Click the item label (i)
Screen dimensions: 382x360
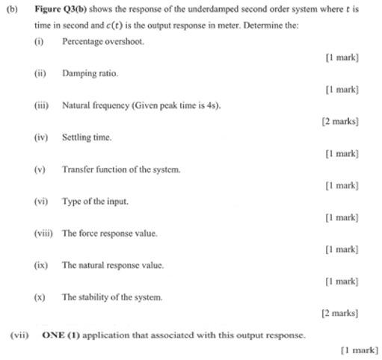tap(39, 42)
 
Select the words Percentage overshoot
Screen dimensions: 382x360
tap(103, 42)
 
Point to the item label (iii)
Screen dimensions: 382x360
tap(41, 105)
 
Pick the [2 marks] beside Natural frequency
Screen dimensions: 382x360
tap(340, 121)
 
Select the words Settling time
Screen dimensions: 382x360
tap(87, 137)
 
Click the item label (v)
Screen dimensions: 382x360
tap(40, 170)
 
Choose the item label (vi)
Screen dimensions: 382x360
tap(40, 202)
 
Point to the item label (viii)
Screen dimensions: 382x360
tap(43, 234)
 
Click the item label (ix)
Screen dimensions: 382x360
tap(40, 265)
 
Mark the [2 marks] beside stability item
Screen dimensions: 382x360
tap(340, 314)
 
